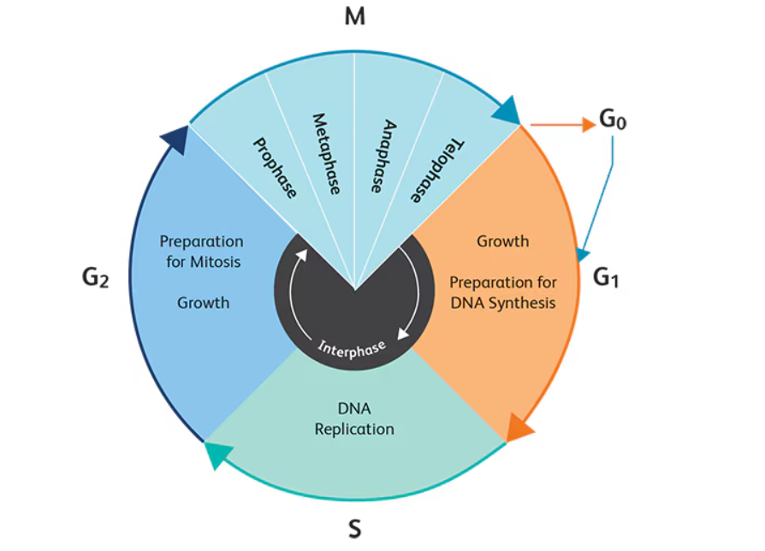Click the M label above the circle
(x=354, y=16)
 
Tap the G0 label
(x=613, y=121)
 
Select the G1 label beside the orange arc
(x=606, y=277)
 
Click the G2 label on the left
(x=95, y=277)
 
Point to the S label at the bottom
(x=354, y=530)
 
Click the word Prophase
(x=274, y=168)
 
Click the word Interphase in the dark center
(x=352, y=347)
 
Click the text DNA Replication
(x=354, y=419)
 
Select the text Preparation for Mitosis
(x=201, y=252)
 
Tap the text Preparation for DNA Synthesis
(x=503, y=292)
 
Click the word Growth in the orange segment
(x=503, y=241)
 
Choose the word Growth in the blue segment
(x=203, y=302)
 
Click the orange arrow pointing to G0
(x=562, y=125)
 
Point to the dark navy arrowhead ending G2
(x=175, y=138)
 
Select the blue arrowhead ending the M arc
(x=507, y=111)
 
